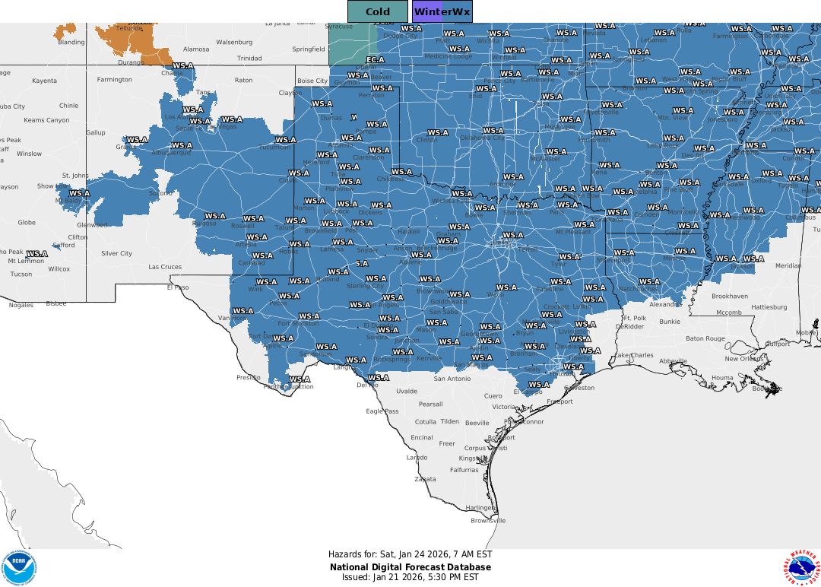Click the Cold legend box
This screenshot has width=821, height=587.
[x=377, y=11]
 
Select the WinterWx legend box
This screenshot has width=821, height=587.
[x=442, y=11]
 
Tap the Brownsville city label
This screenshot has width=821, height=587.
[x=488, y=521]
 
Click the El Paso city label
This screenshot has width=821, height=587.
[x=177, y=287]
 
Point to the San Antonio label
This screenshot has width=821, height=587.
[x=452, y=379]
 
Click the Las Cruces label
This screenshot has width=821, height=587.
[x=165, y=267]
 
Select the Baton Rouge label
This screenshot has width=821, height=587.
[x=705, y=338]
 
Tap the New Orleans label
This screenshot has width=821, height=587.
[x=743, y=359]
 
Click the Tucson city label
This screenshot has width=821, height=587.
[x=21, y=274]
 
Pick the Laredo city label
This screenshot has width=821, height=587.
[x=417, y=458]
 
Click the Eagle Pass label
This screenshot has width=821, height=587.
[x=382, y=411]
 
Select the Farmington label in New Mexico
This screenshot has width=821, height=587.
[x=114, y=79]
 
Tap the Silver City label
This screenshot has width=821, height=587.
[x=116, y=253]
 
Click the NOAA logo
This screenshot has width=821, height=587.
[x=18, y=568]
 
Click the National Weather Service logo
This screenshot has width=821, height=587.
[x=801, y=568]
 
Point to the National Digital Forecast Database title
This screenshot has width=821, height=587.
[x=410, y=567]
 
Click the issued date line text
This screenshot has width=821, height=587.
[x=410, y=577]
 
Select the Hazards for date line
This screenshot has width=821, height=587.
[x=410, y=554]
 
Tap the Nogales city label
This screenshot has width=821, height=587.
[x=21, y=305]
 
